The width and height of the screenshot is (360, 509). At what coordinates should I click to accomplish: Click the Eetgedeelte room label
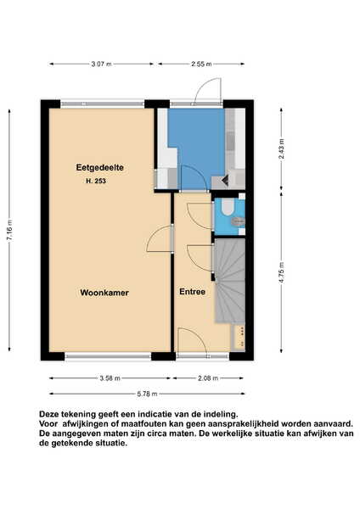point(99,167)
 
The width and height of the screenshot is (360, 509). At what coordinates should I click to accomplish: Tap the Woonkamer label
point(104,293)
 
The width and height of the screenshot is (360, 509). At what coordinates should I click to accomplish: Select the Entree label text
point(193,292)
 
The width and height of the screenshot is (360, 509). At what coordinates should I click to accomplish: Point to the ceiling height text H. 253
point(96,182)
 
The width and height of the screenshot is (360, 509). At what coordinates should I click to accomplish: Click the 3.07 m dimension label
point(101,64)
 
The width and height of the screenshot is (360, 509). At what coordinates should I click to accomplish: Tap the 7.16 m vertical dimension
point(9,230)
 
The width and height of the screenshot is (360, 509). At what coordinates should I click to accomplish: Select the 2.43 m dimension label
point(281,148)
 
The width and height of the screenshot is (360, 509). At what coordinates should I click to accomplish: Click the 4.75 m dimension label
point(281,272)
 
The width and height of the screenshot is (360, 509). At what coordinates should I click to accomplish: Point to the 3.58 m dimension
point(110,378)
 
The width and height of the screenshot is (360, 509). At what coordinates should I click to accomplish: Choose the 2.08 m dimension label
point(208,378)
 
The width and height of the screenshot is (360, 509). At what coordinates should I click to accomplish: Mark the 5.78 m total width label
point(147,394)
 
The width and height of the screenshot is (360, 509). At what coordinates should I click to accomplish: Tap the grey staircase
point(229,281)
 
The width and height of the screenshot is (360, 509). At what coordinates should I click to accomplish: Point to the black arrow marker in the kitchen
point(225,180)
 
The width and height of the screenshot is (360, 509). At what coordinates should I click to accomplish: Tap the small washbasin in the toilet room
point(238,221)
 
